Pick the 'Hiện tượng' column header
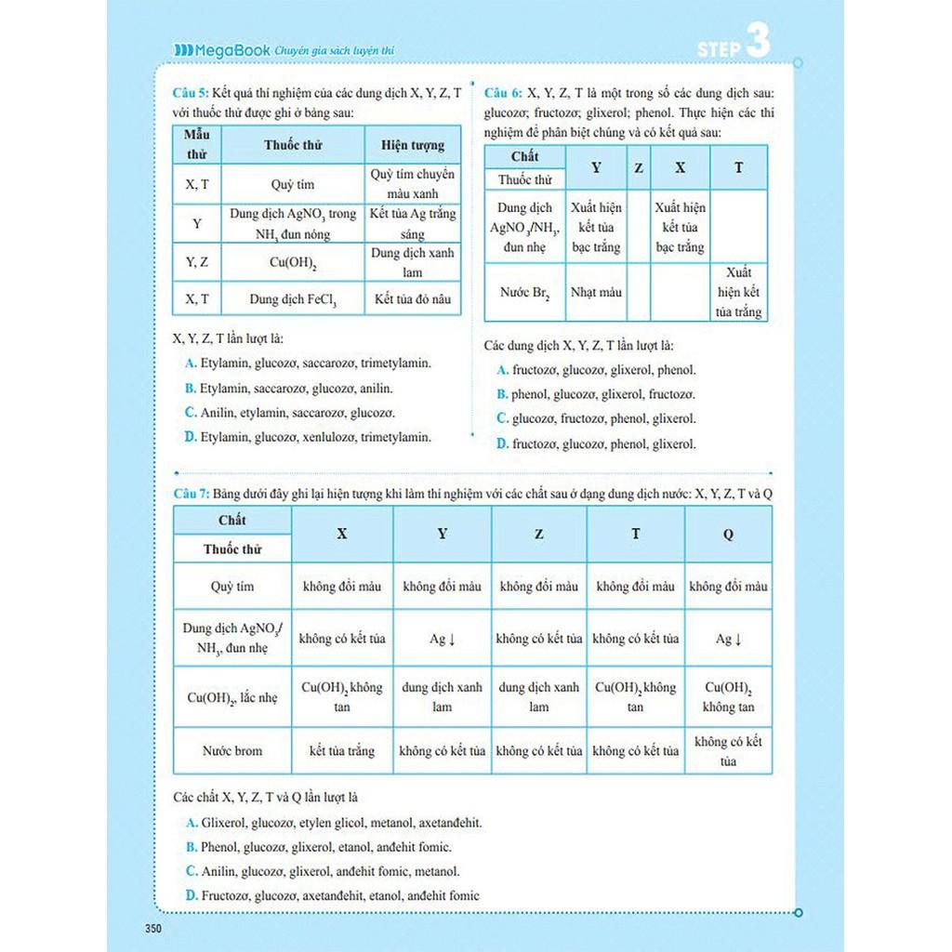(x=413, y=145)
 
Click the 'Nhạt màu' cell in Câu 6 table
(x=596, y=292)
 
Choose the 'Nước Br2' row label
(x=524, y=292)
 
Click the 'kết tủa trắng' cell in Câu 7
(x=342, y=750)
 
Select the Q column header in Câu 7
(x=728, y=534)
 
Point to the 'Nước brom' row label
(x=232, y=750)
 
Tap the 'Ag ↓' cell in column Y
(x=442, y=639)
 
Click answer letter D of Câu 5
(x=190, y=436)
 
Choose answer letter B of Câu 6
(x=502, y=394)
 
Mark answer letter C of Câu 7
(x=192, y=871)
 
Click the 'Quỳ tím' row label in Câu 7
(x=232, y=587)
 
